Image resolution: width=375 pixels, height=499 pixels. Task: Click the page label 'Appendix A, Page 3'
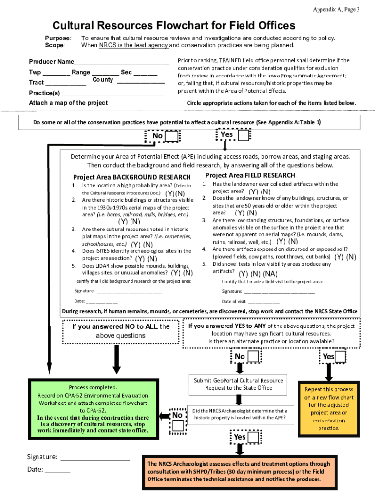(x=336, y=10)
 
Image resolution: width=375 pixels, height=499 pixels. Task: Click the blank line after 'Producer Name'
(x=121, y=63)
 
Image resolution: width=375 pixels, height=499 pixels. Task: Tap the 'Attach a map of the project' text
(x=68, y=103)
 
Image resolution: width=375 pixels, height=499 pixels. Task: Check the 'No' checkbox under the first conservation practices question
(x=172, y=136)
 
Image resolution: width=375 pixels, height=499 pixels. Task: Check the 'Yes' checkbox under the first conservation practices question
(x=243, y=135)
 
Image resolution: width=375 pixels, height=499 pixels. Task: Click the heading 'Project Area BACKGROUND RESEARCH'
(x=131, y=177)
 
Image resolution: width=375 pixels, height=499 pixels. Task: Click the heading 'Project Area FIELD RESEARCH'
(x=250, y=175)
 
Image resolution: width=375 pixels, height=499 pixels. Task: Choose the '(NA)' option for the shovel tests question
(x=271, y=274)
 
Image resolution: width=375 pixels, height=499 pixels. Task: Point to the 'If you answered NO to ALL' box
(x=120, y=331)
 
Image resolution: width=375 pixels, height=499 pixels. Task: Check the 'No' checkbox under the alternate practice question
(x=254, y=357)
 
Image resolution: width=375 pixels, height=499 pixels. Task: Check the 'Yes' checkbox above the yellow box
(x=340, y=357)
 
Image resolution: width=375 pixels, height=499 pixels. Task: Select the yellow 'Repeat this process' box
(x=329, y=408)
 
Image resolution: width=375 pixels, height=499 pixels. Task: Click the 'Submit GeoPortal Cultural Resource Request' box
(x=239, y=384)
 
